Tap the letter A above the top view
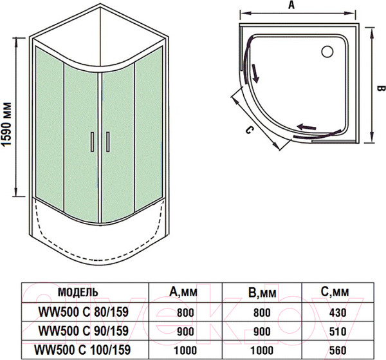(291, 6)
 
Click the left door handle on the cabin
(93, 141)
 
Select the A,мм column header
(185, 292)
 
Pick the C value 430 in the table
(337, 312)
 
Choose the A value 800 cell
(185, 312)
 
